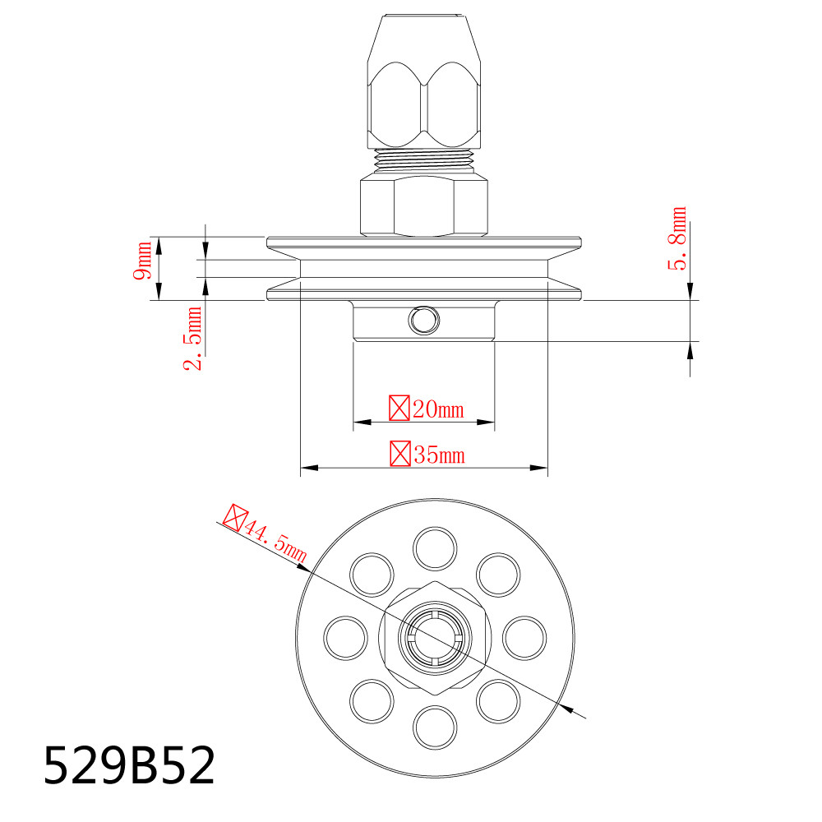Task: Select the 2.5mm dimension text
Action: pos(194,339)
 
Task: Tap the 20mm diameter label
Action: pos(426,408)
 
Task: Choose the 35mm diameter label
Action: pos(426,454)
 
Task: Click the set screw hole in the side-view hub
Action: pos(424,321)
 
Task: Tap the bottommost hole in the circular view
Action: pos(436,727)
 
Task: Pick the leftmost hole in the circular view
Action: pos(346,638)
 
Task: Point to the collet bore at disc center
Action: pos(436,638)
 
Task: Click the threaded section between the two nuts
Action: pos(424,160)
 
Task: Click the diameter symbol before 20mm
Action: pos(399,408)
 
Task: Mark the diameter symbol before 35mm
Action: pos(400,454)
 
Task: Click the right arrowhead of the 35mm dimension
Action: pos(539,469)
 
